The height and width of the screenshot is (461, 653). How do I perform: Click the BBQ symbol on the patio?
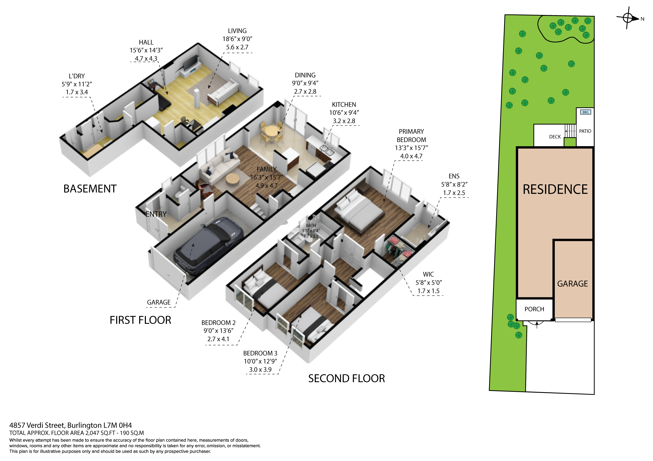tap(585, 112)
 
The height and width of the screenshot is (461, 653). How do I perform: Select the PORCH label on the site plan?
tap(534, 309)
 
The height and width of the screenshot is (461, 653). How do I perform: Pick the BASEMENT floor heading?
tap(90, 189)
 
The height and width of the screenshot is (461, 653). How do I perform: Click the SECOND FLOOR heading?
tap(346, 378)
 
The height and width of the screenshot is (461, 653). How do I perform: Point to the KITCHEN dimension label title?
tap(344, 104)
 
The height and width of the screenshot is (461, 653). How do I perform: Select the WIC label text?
tap(428, 274)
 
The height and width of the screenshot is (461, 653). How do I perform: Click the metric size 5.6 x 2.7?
tap(237, 47)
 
